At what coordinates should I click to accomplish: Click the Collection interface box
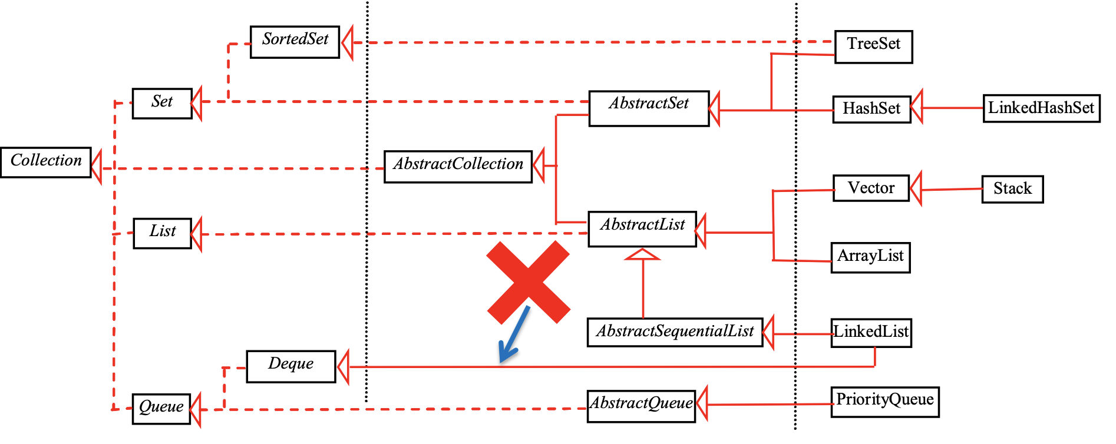click(x=46, y=162)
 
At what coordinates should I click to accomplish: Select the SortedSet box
click(x=295, y=42)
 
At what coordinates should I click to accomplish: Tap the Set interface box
click(x=162, y=103)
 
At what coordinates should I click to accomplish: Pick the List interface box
click(x=162, y=233)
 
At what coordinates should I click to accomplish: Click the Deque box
click(x=290, y=366)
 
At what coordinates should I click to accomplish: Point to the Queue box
click(x=161, y=409)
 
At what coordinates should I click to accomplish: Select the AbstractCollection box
click(x=458, y=167)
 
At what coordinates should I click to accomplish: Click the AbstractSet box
click(x=649, y=108)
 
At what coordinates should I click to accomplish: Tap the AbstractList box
click(x=642, y=228)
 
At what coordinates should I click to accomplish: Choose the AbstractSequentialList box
click(x=675, y=332)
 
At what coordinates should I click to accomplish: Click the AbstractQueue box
click(x=641, y=406)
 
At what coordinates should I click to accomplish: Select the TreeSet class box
click(x=873, y=47)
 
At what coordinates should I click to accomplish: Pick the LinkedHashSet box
click(x=1041, y=108)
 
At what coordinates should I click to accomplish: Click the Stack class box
click(x=1012, y=189)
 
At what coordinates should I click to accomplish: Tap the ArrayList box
click(x=870, y=257)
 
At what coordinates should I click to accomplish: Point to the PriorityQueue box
click(x=884, y=402)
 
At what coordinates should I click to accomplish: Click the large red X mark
click(x=528, y=282)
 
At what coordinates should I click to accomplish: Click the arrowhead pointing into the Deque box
click(x=344, y=367)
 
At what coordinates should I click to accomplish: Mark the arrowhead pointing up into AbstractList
click(x=642, y=254)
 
